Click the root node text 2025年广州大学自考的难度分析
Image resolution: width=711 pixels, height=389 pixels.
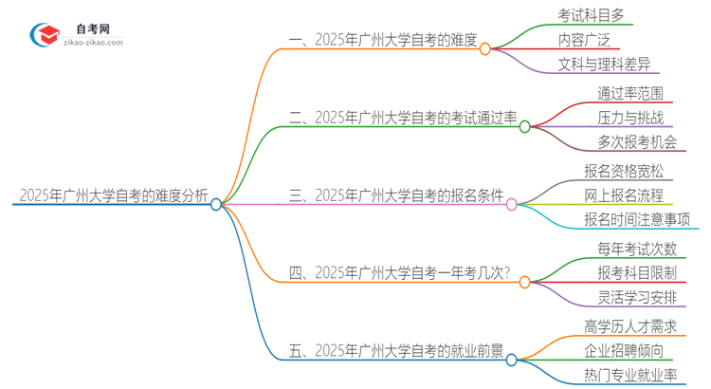click(x=113, y=195)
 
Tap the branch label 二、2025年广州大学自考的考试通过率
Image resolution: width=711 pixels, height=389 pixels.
click(x=403, y=119)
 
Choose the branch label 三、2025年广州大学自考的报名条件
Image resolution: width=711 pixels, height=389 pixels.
click(x=396, y=196)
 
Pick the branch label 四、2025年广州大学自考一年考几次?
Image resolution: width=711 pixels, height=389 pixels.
click(x=398, y=274)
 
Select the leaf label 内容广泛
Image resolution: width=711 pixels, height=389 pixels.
click(x=585, y=41)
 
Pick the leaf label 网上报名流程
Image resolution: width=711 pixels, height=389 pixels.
click(x=624, y=195)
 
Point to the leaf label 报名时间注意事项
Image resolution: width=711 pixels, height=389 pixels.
click(x=637, y=220)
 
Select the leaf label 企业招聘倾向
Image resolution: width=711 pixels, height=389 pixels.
click(x=624, y=351)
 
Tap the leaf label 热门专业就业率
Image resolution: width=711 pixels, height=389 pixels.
click(x=630, y=377)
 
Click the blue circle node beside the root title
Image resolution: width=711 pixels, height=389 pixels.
click(x=216, y=204)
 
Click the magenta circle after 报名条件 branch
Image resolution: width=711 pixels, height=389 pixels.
click(x=512, y=204)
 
